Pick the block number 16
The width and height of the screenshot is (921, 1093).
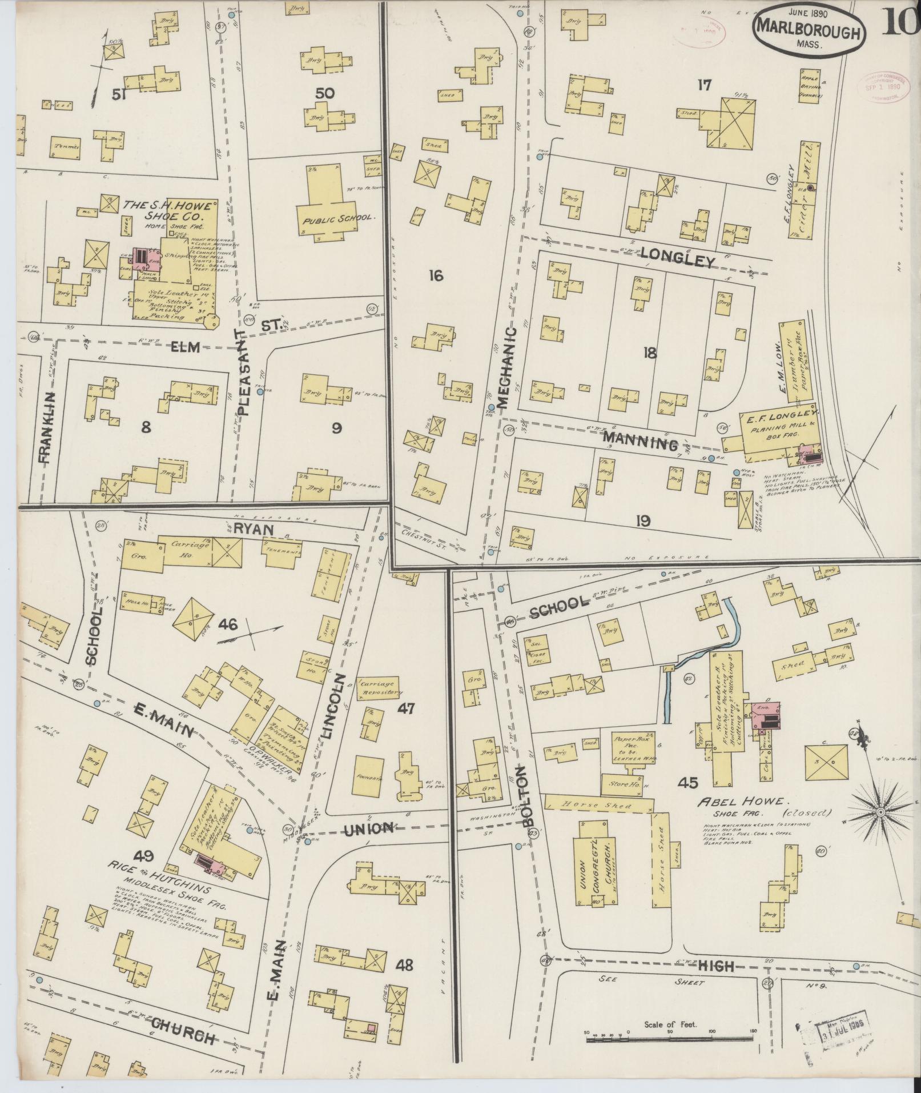pyautogui.click(x=436, y=276)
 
